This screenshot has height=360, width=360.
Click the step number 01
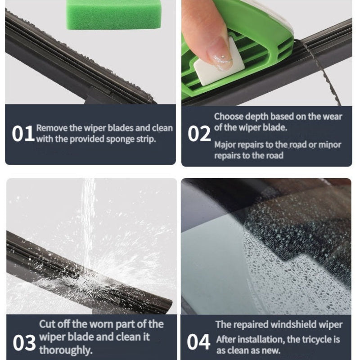tap(23, 134)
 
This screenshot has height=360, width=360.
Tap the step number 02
tap(199, 134)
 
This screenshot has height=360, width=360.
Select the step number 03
tap(24, 343)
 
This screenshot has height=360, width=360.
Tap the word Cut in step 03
tap(46, 324)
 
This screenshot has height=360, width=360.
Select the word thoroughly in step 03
tap(66, 350)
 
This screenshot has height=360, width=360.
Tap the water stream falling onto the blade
tap(88, 225)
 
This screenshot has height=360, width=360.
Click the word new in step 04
tap(272, 351)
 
